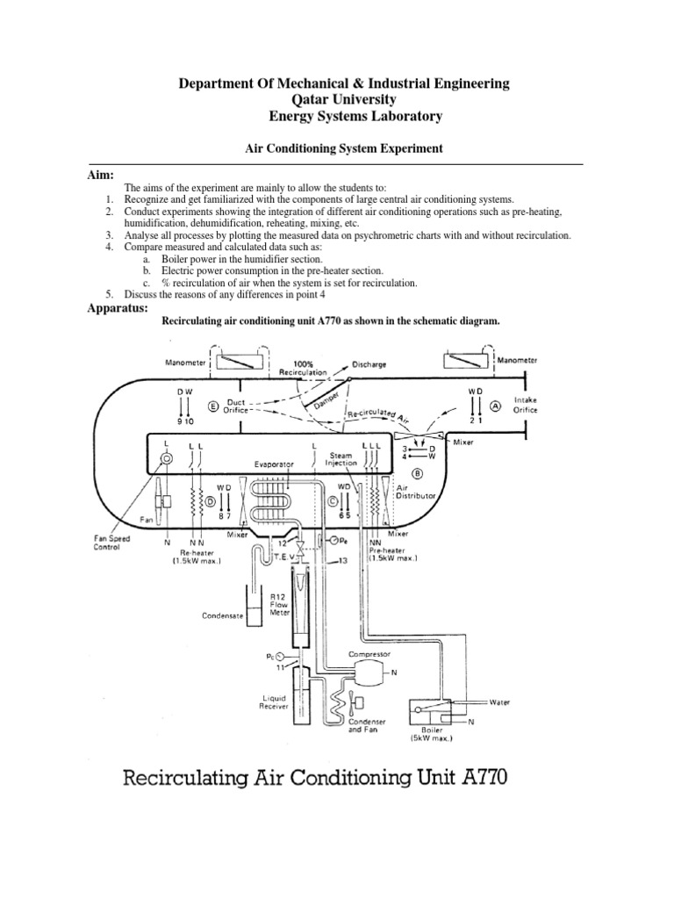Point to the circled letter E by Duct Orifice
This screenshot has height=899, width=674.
click(x=212, y=406)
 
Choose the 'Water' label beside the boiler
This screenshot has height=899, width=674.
click(x=499, y=702)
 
